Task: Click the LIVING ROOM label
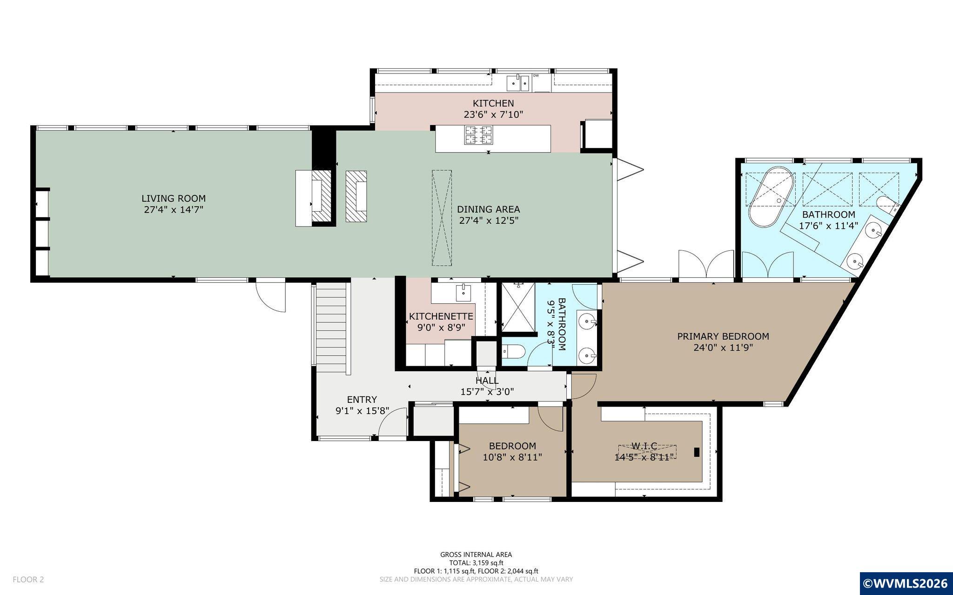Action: pos(174,199)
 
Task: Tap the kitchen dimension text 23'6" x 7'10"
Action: pos(493,114)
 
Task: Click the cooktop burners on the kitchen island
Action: pos(478,135)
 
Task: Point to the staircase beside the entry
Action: pos(331,328)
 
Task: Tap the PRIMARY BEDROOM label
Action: pos(723,336)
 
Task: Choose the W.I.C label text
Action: pos(644,446)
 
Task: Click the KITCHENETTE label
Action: pos(441,316)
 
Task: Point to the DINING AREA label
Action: pos(488,209)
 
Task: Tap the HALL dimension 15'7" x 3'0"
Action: pos(487,392)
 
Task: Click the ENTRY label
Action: pos(362,400)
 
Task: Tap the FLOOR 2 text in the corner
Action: pos(28,580)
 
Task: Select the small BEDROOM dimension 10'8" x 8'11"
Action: pos(512,457)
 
